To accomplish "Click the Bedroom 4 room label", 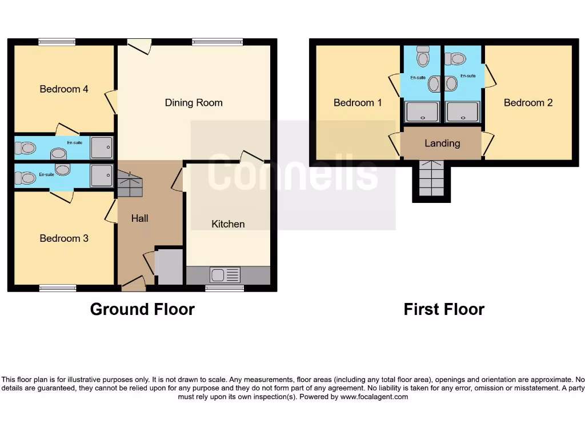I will click(x=63, y=89).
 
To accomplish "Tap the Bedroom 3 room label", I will click(x=63, y=238).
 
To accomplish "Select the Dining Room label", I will click(x=194, y=103).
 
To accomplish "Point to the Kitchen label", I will click(x=228, y=224).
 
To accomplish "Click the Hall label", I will click(x=139, y=218).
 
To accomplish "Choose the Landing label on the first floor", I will click(x=442, y=143).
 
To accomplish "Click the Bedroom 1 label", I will click(x=358, y=103).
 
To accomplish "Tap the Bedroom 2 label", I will click(x=528, y=103).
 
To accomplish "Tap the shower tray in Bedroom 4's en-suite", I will click(x=102, y=147).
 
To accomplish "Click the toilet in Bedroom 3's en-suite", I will click(x=25, y=178).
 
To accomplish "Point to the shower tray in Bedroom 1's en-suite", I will click(x=422, y=111).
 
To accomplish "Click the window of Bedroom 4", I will click(x=57, y=42).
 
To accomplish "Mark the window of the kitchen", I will click(x=225, y=288).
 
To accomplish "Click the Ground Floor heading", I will click(x=142, y=309).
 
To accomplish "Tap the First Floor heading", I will click(x=444, y=309).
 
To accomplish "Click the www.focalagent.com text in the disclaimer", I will click(x=374, y=396).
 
